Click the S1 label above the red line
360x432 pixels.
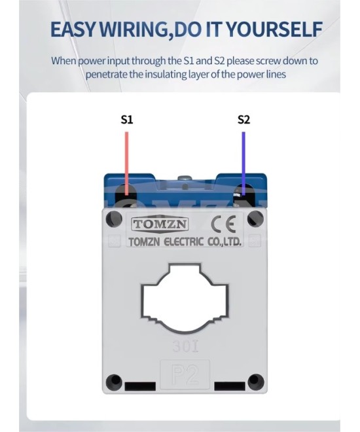coord(127,120)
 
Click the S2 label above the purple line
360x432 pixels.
coord(243,120)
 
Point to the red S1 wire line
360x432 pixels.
coord(127,164)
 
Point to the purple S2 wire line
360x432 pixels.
coord(243,164)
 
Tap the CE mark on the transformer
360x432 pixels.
coord(223,225)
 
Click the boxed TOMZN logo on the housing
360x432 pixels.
coord(160,225)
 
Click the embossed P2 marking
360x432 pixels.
coord(185,374)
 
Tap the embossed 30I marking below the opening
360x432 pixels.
coord(185,346)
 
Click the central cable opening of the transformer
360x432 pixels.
coord(185,298)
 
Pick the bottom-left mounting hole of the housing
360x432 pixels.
coord(114,382)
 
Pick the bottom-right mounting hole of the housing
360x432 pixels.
coord(256,382)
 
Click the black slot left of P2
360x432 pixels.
coord(140,386)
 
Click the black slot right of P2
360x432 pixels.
coord(230,386)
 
